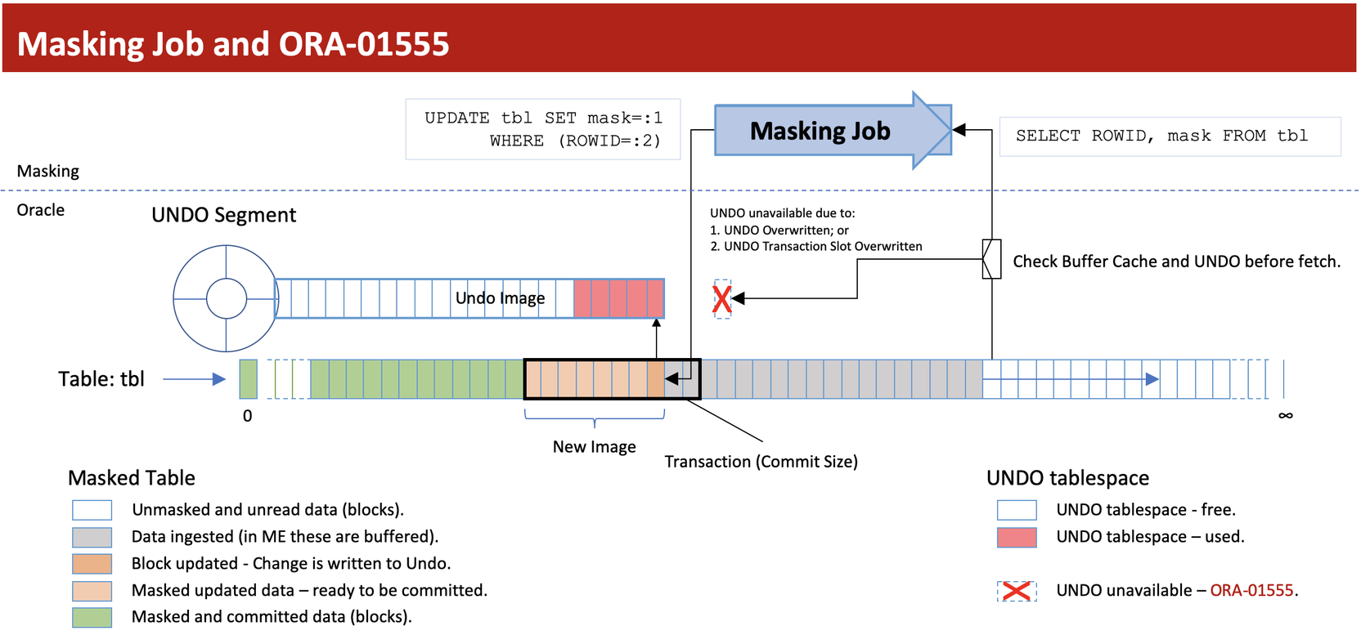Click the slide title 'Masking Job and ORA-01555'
tap(233, 44)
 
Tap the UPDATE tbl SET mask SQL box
tap(543, 129)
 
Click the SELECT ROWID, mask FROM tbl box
tap(1169, 136)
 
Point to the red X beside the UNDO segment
tap(721, 299)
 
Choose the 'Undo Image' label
tap(500, 298)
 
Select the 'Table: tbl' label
tap(101, 379)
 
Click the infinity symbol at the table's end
tap(1285, 416)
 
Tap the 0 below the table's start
tap(248, 416)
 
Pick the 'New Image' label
tap(594, 447)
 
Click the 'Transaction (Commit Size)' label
tap(761, 462)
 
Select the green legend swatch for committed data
tap(92, 617)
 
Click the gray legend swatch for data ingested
tap(92, 537)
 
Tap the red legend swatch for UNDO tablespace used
tap(1017, 537)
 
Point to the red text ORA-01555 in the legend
tap(1251, 591)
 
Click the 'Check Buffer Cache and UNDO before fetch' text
tap(1176, 262)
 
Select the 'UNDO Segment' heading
tap(223, 215)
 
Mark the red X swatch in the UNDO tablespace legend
tap(1017, 591)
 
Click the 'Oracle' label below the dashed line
tap(41, 210)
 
